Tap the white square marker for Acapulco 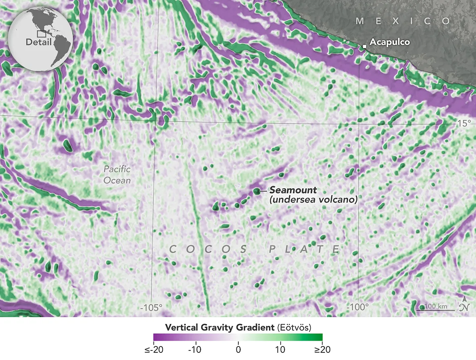tap(364, 47)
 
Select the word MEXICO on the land tap(403, 21)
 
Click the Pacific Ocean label tap(117, 175)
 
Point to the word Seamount tap(289, 190)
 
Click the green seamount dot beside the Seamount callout tap(256, 191)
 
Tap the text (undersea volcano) tap(313, 200)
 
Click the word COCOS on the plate tap(209, 249)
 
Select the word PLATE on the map tap(305, 249)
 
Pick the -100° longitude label tap(358, 306)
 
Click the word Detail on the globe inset tap(38, 42)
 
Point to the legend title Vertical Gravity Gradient tap(220, 327)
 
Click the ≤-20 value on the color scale tap(154, 350)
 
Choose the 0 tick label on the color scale tap(238, 350)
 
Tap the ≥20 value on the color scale tap(322, 350)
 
